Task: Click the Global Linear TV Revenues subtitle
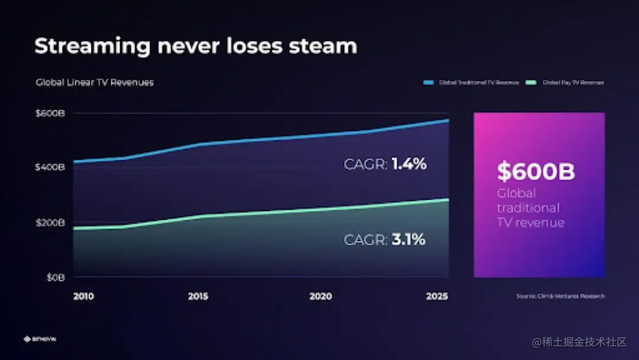(95, 82)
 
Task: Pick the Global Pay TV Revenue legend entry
(573, 83)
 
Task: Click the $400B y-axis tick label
(51, 167)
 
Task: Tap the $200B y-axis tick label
(51, 223)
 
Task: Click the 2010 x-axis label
(83, 296)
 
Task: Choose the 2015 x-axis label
(198, 296)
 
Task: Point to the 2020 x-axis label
(320, 296)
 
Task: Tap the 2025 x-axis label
(437, 296)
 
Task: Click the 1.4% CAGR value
(409, 164)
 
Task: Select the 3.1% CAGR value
(408, 240)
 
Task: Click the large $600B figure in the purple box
(535, 172)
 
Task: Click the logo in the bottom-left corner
(40, 339)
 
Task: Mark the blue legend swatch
(429, 83)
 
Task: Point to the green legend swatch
(531, 83)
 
